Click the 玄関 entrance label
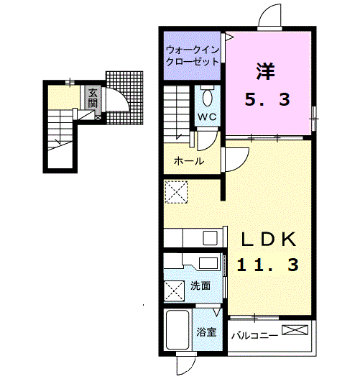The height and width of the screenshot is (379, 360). [93, 98]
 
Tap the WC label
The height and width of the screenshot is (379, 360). [207, 117]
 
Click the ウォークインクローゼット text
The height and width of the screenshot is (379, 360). [193, 56]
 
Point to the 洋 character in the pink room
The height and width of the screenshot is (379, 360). [265, 71]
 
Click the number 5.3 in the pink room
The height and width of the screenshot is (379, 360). [267, 99]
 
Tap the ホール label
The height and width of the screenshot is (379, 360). [189, 161]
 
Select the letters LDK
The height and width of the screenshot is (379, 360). [269, 239]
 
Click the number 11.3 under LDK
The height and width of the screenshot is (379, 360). [268, 265]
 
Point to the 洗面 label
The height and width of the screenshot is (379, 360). [200, 286]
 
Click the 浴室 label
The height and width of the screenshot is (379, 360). [206, 332]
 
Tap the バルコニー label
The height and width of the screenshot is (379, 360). [254, 336]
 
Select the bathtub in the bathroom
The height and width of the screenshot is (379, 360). [177, 329]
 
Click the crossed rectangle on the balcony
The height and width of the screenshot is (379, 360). [295, 330]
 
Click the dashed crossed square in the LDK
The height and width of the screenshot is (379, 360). [176, 192]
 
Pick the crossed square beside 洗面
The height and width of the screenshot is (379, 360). [174, 291]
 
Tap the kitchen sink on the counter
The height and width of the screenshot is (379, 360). [210, 238]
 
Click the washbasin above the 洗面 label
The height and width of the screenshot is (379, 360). [208, 262]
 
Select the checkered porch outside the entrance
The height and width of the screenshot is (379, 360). [124, 98]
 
